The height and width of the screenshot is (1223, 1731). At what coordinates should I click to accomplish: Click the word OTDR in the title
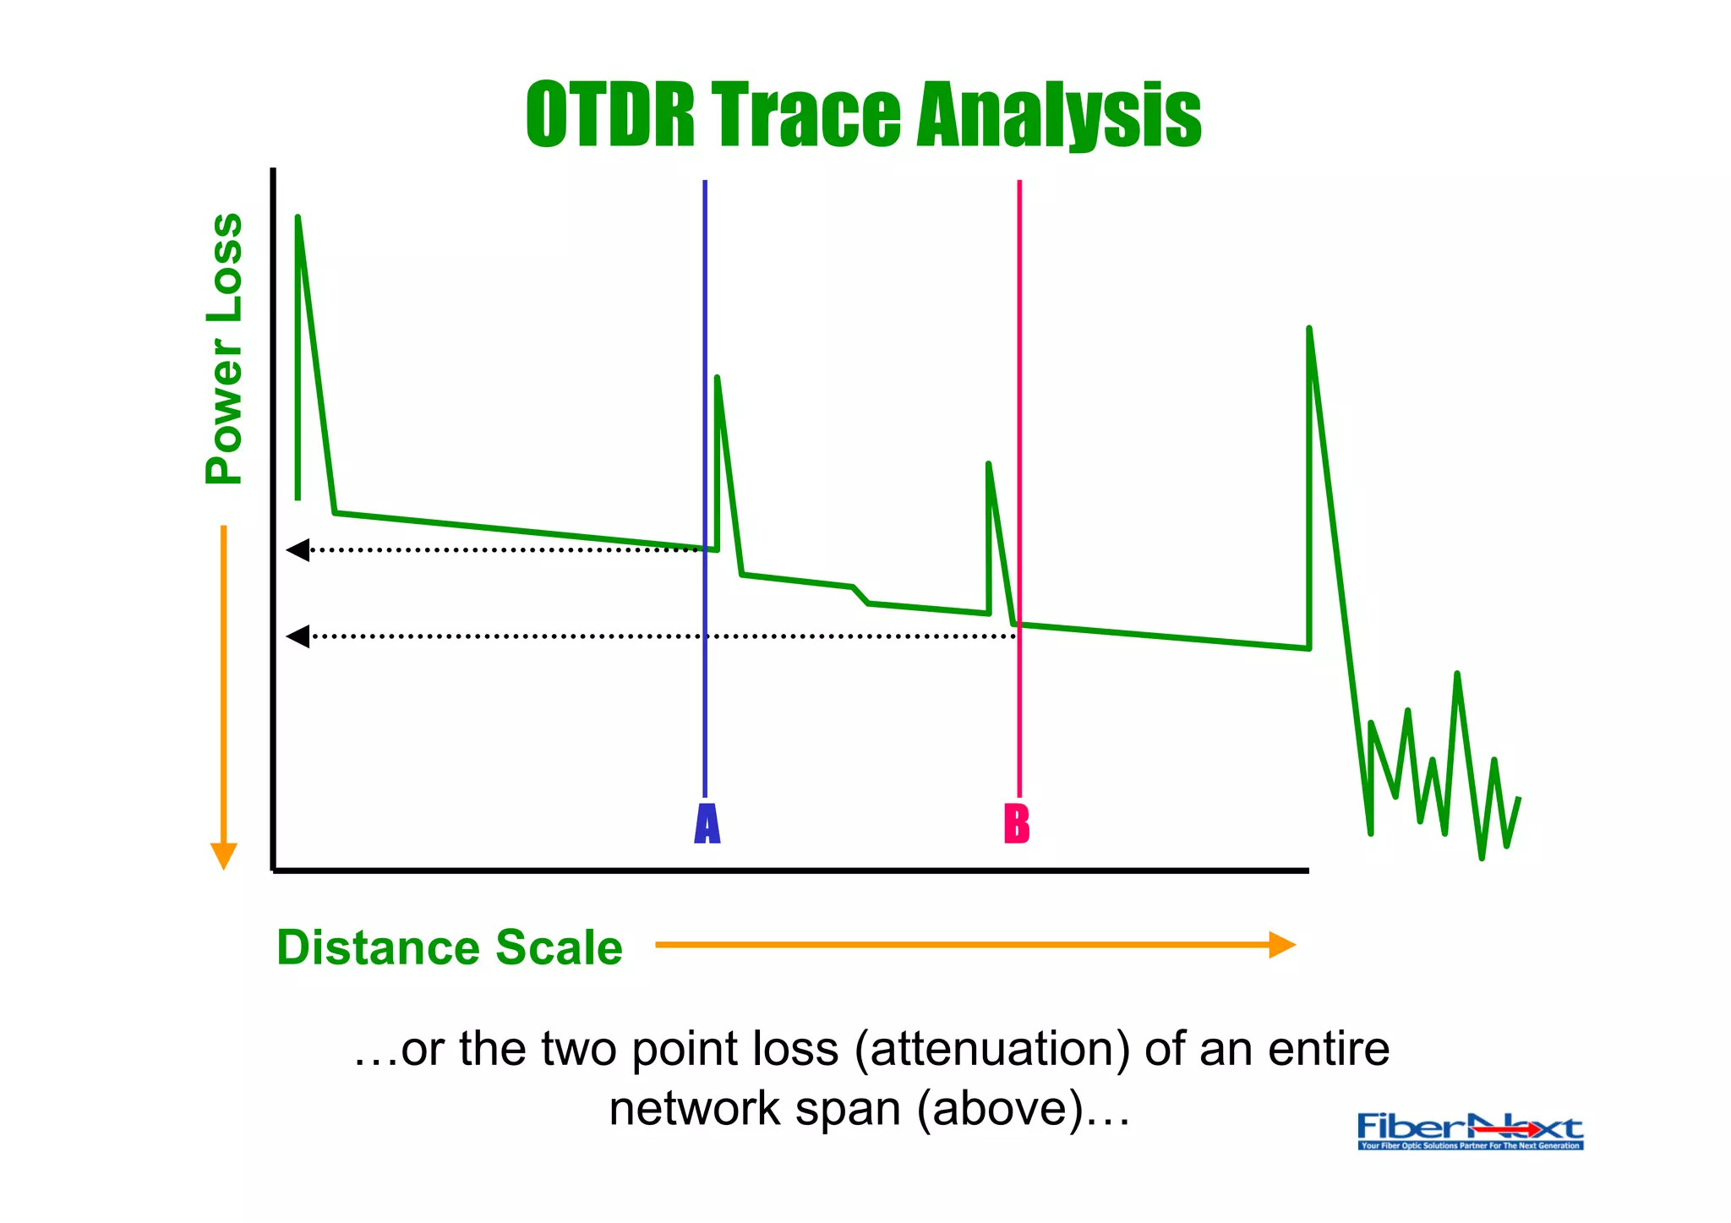pyautogui.click(x=610, y=115)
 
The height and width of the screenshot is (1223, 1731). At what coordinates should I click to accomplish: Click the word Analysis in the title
pyautogui.click(x=1059, y=115)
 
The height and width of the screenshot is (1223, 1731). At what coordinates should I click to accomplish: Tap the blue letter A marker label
pyautogui.click(x=707, y=824)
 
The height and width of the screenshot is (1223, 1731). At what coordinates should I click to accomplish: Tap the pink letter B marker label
pyautogui.click(x=1017, y=824)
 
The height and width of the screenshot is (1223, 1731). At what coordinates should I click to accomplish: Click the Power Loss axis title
pyautogui.click(x=225, y=348)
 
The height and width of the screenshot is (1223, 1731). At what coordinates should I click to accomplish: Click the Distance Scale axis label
pyautogui.click(x=449, y=947)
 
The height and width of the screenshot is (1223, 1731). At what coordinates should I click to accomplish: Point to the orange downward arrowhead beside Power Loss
pyautogui.click(x=223, y=855)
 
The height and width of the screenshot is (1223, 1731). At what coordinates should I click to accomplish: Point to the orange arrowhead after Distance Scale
pyautogui.click(x=1282, y=944)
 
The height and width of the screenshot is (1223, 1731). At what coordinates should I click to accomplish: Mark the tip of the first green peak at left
pyautogui.click(x=298, y=218)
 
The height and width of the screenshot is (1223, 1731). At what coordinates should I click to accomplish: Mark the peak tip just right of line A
pyautogui.click(x=717, y=378)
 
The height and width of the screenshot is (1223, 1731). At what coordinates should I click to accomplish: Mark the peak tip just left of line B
pyautogui.click(x=988, y=464)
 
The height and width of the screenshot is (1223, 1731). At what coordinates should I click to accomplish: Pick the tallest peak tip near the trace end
pyautogui.click(x=1309, y=328)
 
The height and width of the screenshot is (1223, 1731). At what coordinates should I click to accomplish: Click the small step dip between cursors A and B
pyautogui.click(x=860, y=595)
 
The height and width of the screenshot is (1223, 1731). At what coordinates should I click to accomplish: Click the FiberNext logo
pyautogui.click(x=1470, y=1131)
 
